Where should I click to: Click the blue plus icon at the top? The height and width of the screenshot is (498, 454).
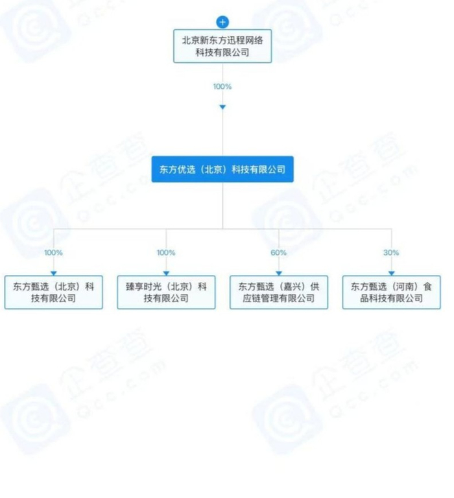(222, 22)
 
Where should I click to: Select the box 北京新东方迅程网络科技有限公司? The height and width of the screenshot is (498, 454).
(222, 46)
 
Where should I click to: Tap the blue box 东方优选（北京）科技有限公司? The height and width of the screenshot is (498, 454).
(222, 169)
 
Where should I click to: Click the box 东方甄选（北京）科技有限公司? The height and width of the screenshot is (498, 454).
(54, 292)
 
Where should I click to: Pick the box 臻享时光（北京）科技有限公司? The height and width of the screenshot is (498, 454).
(166, 292)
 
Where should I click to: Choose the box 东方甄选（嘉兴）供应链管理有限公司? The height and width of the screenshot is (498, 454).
(279, 292)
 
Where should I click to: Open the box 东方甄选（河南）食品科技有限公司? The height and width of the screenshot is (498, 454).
(391, 292)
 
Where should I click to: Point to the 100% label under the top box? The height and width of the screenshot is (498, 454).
(222, 86)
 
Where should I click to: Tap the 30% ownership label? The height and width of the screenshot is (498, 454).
(392, 252)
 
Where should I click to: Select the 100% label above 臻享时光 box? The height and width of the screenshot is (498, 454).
(166, 252)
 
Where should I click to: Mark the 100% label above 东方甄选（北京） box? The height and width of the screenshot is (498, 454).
(54, 252)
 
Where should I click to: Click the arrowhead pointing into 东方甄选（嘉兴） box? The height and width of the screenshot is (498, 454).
(279, 272)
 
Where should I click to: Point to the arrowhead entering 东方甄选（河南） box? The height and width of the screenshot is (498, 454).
(392, 272)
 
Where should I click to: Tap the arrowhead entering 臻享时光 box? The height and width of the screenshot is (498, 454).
(166, 272)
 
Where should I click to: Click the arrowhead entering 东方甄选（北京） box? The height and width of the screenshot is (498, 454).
(54, 272)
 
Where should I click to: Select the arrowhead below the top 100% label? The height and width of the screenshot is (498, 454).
(222, 106)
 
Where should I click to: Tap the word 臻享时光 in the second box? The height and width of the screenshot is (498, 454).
(143, 286)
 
